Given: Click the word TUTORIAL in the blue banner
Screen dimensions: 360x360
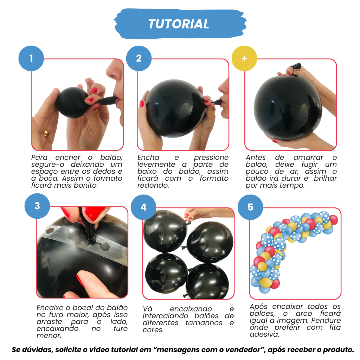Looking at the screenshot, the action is tap(179, 24).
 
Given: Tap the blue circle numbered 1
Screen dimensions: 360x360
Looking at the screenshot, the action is tap(31, 58).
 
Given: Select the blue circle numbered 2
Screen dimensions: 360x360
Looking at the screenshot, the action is tap(139, 58).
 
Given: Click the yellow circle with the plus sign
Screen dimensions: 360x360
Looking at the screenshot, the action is tap(244, 58).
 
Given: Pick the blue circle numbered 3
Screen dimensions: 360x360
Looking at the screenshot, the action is tap(37, 206).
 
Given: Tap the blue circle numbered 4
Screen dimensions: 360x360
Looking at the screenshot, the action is tap(143, 207).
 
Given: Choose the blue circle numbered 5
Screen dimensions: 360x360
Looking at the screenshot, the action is tap(250, 207).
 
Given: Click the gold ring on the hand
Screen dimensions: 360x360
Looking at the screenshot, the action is tap(47, 134).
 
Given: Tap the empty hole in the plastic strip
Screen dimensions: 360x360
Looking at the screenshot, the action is tap(105, 246).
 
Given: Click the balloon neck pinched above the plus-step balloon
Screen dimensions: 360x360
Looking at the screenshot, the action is tap(295, 66).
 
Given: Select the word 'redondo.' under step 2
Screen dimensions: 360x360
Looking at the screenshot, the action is tap(153, 185).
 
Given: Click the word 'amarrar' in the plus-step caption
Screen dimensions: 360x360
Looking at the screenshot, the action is tap(308, 158).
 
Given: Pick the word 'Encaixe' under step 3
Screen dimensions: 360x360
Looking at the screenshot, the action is tap(50, 308).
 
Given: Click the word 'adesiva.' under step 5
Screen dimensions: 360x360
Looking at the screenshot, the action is tap(264, 335).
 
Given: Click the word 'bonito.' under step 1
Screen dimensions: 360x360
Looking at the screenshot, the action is tap(86, 185).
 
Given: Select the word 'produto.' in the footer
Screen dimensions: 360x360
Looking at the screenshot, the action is tap(339, 350).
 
